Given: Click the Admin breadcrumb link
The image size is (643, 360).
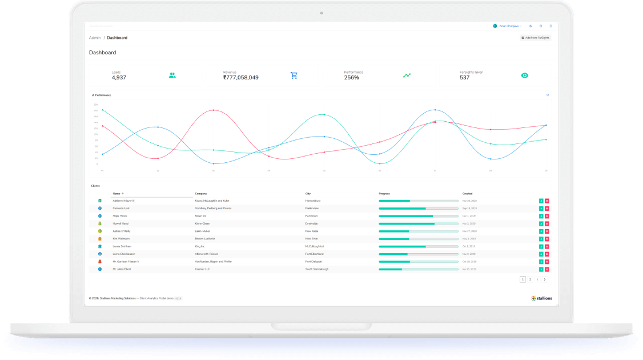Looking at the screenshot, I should click(x=95, y=38).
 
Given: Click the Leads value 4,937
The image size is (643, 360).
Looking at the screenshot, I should click(x=119, y=78).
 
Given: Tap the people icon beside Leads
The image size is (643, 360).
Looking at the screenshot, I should click(x=172, y=75).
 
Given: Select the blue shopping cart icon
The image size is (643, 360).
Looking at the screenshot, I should click(x=294, y=75).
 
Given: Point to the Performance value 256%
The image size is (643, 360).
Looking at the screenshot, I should click(x=351, y=78).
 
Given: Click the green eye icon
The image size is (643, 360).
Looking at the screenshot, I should click(x=525, y=75).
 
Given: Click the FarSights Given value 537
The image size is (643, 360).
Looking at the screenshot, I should click(x=464, y=78).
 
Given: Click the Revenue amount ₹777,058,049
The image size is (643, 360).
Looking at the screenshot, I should click(x=240, y=78).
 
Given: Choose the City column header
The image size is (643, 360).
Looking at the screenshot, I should click(x=308, y=194).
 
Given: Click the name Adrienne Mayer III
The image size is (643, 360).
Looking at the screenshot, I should click(x=124, y=201).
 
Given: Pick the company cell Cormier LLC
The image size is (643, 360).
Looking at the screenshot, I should click(x=203, y=269).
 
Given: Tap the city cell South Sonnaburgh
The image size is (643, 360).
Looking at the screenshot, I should click(x=316, y=269).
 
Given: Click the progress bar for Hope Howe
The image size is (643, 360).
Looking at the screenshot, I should click(x=419, y=216).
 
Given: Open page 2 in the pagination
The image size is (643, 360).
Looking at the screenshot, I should click(x=530, y=279).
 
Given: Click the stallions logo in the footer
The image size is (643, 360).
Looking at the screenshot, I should click(x=541, y=298).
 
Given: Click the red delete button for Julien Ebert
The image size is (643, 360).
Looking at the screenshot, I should click(x=546, y=269).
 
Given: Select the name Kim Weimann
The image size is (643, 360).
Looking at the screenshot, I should click(x=122, y=238).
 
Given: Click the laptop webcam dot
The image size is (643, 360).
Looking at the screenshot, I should click(x=321, y=13).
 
